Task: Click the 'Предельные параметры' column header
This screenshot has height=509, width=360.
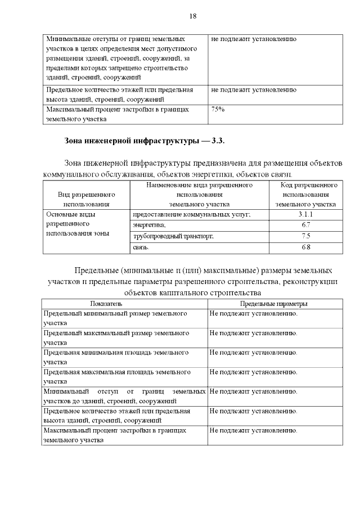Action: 274,304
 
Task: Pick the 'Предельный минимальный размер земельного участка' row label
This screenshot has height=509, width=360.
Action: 116,318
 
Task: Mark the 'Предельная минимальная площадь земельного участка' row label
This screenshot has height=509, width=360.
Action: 116,357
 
